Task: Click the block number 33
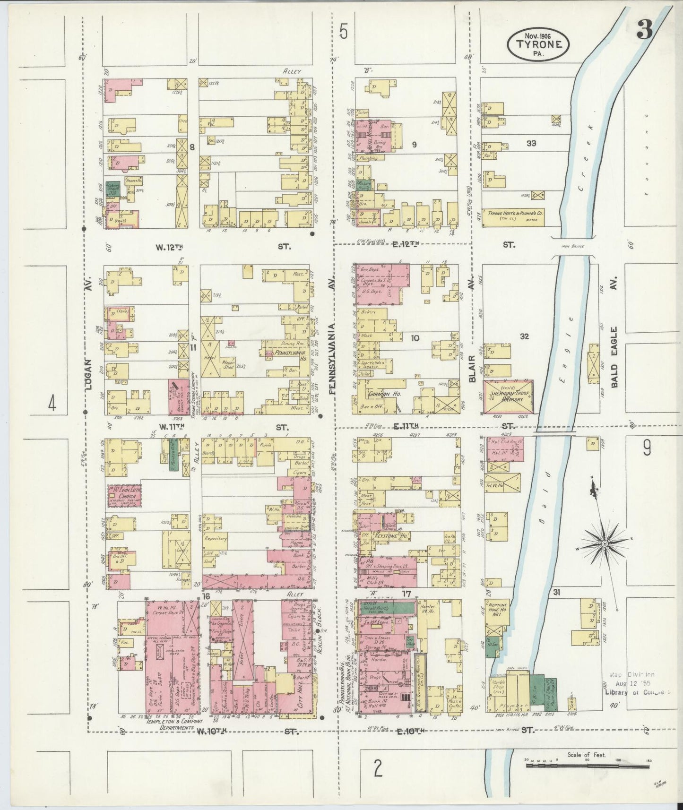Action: pyautogui.click(x=531, y=143)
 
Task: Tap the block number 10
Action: pyautogui.click(x=415, y=337)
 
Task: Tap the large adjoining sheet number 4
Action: pyautogui.click(x=52, y=404)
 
